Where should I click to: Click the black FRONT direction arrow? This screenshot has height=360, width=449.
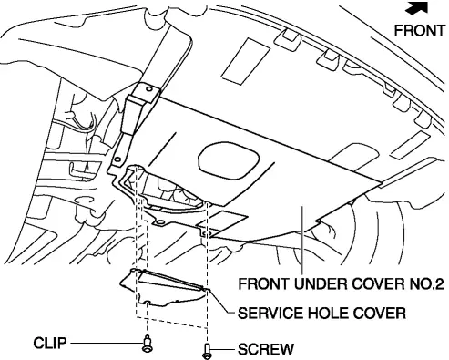[418, 7]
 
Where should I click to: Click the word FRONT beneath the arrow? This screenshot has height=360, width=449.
[420, 30]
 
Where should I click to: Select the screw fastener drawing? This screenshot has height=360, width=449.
[207, 352]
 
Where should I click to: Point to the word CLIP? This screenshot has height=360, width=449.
[49, 343]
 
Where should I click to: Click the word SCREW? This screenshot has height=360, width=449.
[266, 349]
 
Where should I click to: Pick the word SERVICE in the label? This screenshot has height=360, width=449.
[270, 314]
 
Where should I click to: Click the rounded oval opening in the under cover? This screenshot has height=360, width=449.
[229, 160]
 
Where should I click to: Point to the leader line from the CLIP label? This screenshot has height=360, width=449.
[107, 344]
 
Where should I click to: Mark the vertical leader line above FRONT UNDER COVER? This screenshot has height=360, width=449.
[301, 240]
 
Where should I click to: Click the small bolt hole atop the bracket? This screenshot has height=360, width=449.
[148, 89]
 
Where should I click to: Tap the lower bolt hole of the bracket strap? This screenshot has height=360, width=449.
[117, 159]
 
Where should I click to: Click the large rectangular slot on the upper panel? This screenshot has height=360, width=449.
[246, 61]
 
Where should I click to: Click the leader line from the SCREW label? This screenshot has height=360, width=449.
[223, 349]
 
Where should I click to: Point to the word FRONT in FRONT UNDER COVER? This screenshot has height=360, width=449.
[263, 283]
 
